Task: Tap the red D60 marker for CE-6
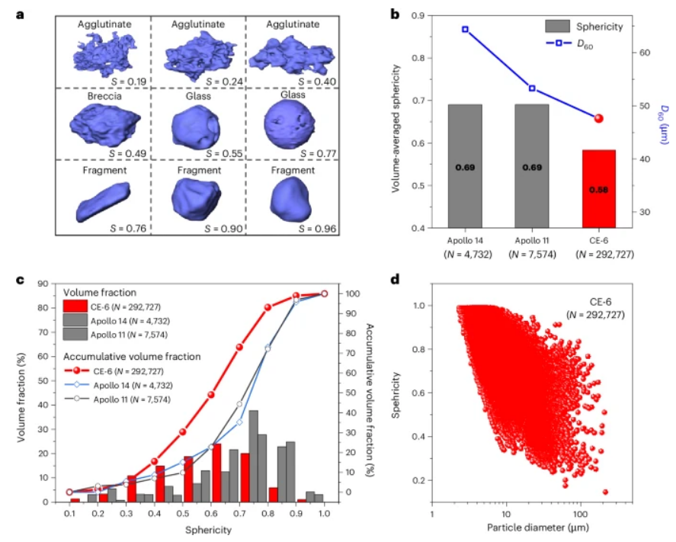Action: point(599,118)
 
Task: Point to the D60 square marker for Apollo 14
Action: point(465,30)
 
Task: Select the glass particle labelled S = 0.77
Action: point(293,121)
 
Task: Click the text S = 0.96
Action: point(312,228)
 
